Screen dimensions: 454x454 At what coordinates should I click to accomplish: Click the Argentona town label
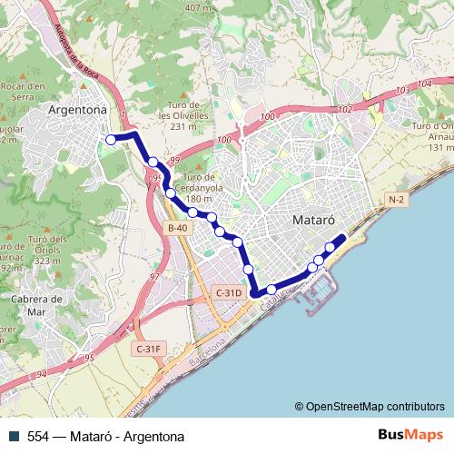(77, 110)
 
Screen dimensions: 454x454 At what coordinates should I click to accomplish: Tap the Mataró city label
(315, 220)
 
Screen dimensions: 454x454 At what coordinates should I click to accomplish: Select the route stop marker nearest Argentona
(111, 140)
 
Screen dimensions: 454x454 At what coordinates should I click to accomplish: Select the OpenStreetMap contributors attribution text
(369, 406)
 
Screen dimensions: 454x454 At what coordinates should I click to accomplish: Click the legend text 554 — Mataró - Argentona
(105, 437)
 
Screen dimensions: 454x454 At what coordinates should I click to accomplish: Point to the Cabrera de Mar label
(32, 304)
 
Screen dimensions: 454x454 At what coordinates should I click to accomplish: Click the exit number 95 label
(89, 360)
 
